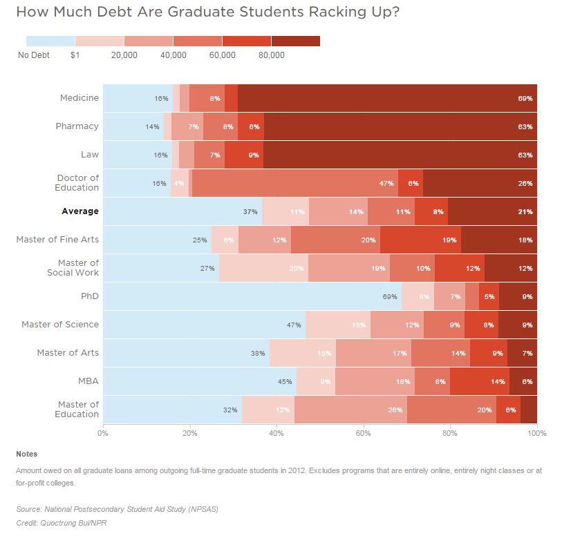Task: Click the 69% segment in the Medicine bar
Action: click(387, 98)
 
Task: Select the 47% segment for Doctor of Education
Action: click(294, 183)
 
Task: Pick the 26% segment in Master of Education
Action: click(350, 409)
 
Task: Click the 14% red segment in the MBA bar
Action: click(480, 381)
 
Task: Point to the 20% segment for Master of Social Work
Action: click(263, 268)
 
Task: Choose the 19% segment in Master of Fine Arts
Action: click(420, 240)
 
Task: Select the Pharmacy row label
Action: click(77, 126)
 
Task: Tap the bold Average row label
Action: click(80, 211)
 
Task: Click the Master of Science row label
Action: click(60, 325)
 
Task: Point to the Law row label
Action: click(90, 155)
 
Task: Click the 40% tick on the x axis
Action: click(277, 433)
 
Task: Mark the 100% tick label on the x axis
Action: click(536, 433)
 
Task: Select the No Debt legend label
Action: click(33, 55)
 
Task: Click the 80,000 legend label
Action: click(271, 55)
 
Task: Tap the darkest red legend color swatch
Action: click(296, 41)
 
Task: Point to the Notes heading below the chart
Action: click(27, 454)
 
